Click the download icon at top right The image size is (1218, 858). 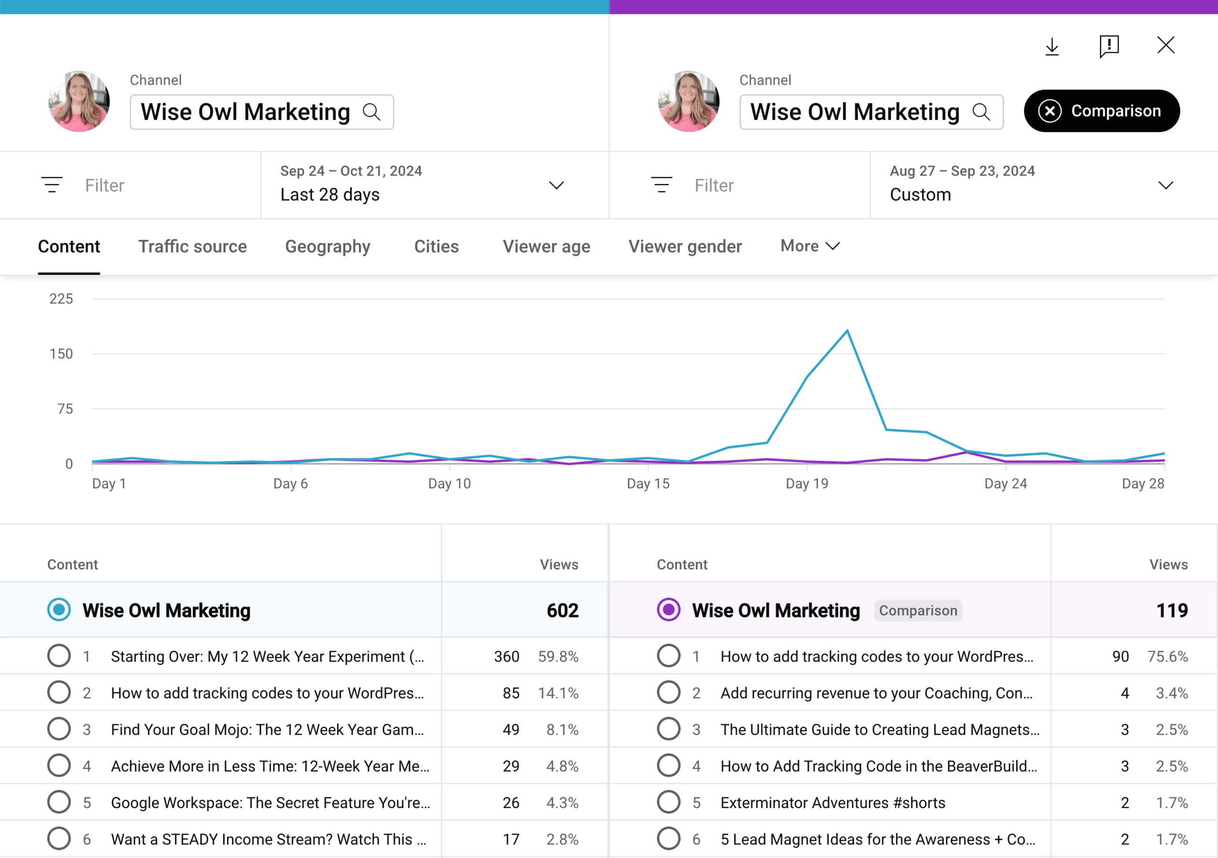1052,47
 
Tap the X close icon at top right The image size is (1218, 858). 1166,46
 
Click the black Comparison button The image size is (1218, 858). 1101,111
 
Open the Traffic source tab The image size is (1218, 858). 193,246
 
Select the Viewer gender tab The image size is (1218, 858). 685,246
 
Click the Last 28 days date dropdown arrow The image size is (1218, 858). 556,185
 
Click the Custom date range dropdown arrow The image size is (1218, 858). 1166,185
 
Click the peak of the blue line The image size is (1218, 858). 847,331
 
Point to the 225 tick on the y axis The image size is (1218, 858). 61,299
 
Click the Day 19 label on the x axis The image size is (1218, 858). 806,484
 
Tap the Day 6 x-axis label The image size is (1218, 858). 290,484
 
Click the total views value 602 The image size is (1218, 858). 562,610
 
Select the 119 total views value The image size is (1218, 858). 1171,610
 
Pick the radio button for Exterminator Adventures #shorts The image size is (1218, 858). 668,802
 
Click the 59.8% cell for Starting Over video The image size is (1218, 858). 558,656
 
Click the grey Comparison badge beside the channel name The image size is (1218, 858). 918,610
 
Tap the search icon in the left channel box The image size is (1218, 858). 371,112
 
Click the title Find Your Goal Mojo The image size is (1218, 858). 267,730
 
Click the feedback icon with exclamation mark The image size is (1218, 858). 1109,47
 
